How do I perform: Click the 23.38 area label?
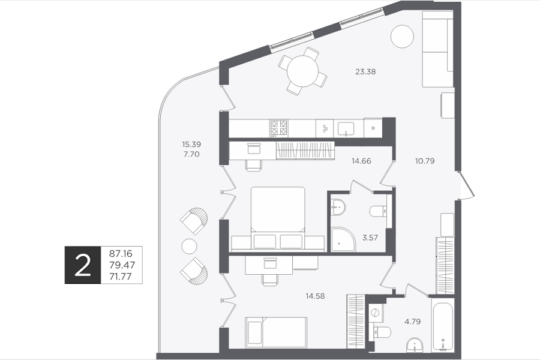pyautogui.click(x=365, y=71)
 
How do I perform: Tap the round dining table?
pyautogui.click(x=303, y=71)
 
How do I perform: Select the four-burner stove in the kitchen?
pyautogui.click(x=278, y=128)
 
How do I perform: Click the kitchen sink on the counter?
pyautogui.click(x=346, y=129)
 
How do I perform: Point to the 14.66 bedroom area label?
pyautogui.click(x=361, y=161)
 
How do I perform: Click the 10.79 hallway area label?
pyautogui.click(x=425, y=161)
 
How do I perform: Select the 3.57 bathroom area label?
pyautogui.click(x=370, y=238)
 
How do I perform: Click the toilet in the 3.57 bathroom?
pyautogui.click(x=378, y=211)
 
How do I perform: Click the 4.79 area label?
pyautogui.click(x=412, y=322)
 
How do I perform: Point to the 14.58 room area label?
pyautogui.click(x=315, y=296)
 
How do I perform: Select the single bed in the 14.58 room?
pyautogui.click(x=276, y=332)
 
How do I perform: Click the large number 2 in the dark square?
pyautogui.click(x=83, y=265)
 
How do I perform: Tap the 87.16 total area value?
pyautogui.click(x=121, y=254)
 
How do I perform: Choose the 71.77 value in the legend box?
pyautogui.click(x=121, y=276)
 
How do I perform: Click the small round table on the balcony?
pyautogui.click(x=189, y=246)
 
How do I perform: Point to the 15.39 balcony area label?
pyautogui.click(x=191, y=144)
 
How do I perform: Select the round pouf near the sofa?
pyautogui.click(x=402, y=37)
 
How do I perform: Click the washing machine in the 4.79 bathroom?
pyautogui.click(x=376, y=313)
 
